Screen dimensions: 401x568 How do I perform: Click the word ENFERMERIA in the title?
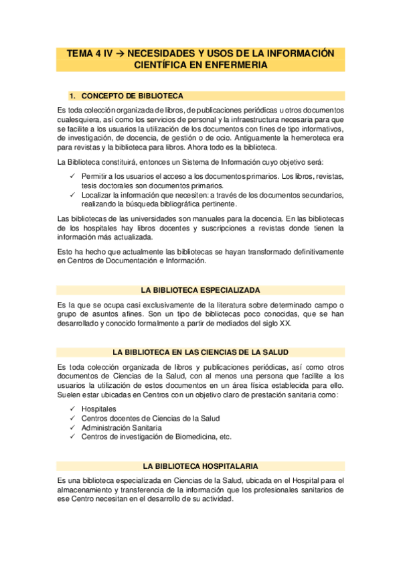[238, 65]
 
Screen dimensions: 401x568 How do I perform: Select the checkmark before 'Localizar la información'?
[73, 195]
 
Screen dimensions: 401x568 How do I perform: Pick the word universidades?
[153, 218]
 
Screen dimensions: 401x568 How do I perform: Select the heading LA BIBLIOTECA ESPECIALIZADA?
[201, 289]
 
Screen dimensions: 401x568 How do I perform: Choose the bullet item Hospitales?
[98, 409]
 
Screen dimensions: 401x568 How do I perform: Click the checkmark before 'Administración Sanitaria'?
[73, 427]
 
